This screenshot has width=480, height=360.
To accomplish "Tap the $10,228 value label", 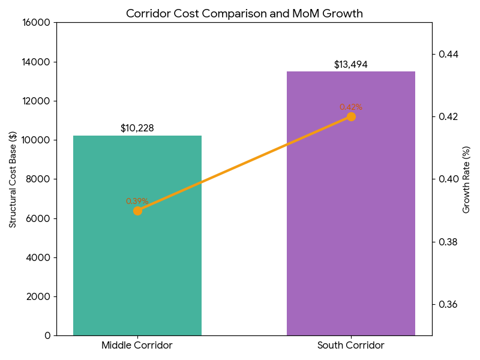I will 137,128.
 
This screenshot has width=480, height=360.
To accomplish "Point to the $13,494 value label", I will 351,65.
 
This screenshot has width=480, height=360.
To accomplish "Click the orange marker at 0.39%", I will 137,211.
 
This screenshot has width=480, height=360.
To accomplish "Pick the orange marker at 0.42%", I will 351,116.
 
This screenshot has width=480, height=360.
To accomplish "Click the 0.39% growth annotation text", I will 137,201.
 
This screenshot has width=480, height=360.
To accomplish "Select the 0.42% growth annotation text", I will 351,107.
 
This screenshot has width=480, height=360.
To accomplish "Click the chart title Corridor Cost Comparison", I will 244,13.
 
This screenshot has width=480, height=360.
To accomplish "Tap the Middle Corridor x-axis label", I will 137,346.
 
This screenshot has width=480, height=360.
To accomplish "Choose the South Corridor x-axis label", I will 351,346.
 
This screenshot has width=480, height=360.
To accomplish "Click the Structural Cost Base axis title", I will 13,179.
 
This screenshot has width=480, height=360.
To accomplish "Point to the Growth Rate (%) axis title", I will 466,179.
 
